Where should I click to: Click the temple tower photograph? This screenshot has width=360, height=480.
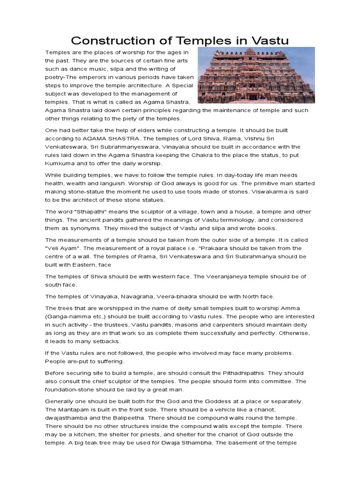pyautogui.click(x=256, y=75)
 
